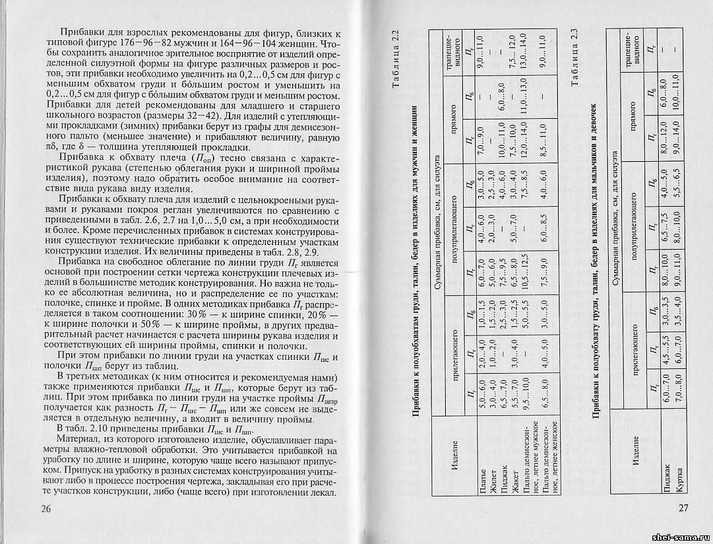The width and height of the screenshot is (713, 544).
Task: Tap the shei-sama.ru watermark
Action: coord(679,535)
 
